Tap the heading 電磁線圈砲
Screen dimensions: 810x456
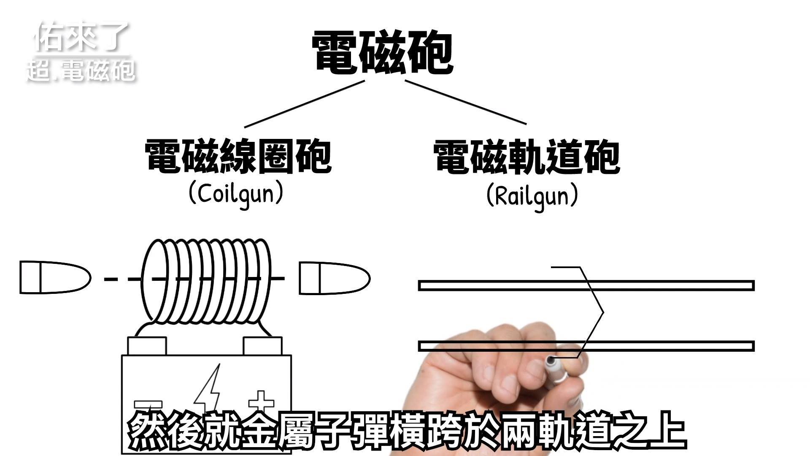(x=238, y=157)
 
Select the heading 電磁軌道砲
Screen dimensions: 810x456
(x=526, y=157)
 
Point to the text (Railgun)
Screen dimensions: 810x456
(x=532, y=195)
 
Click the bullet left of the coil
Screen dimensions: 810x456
(x=55, y=277)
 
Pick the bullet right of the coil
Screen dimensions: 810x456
(x=335, y=278)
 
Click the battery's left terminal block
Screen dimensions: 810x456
(x=147, y=345)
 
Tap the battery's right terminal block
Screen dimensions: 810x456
(x=262, y=345)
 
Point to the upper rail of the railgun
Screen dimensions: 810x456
(x=586, y=285)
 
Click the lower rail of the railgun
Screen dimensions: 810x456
(x=586, y=346)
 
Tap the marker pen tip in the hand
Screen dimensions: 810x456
(x=551, y=360)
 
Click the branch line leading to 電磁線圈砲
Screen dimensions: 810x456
(x=304, y=104)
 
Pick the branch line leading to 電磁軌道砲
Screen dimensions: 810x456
(x=466, y=102)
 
